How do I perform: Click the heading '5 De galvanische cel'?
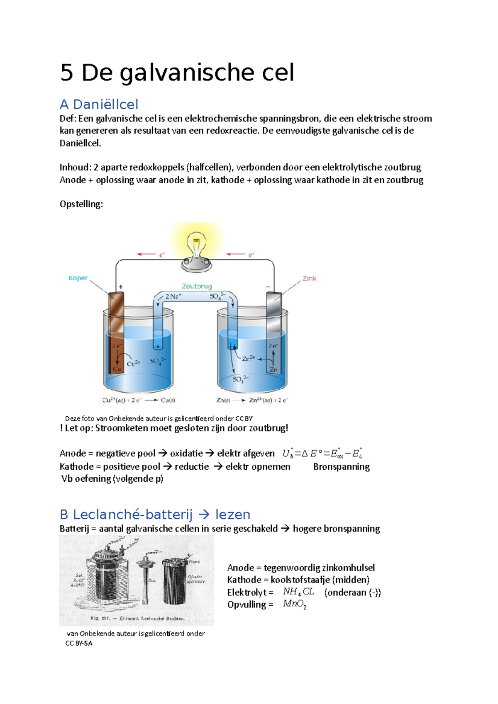(177, 73)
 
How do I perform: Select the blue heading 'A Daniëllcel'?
(99, 104)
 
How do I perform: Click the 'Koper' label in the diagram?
(78, 278)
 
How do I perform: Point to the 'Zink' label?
(309, 278)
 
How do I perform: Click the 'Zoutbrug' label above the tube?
(197, 286)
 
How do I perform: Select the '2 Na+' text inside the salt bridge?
(173, 296)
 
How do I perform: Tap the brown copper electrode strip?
(117, 332)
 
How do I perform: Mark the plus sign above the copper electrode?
(121, 286)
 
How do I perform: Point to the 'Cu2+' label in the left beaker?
(133, 364)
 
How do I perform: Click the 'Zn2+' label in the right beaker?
(248, 358)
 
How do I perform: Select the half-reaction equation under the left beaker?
(139, 401)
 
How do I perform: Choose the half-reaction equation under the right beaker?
(252, 401)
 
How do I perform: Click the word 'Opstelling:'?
(81, 204)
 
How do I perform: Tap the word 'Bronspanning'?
(341, 466)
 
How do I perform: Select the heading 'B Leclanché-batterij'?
(126, 515)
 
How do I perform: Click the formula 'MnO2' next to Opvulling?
(295, 604)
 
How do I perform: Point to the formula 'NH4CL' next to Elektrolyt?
(298, 592)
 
